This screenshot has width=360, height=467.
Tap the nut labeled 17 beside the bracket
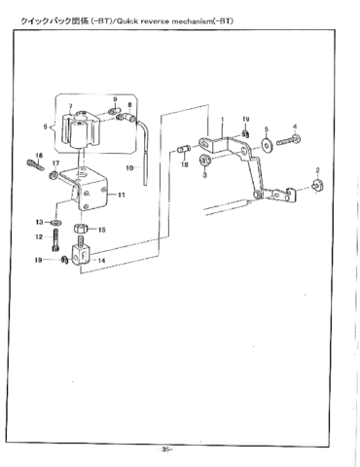coord(56,175)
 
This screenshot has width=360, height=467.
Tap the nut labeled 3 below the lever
coord(204,160)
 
